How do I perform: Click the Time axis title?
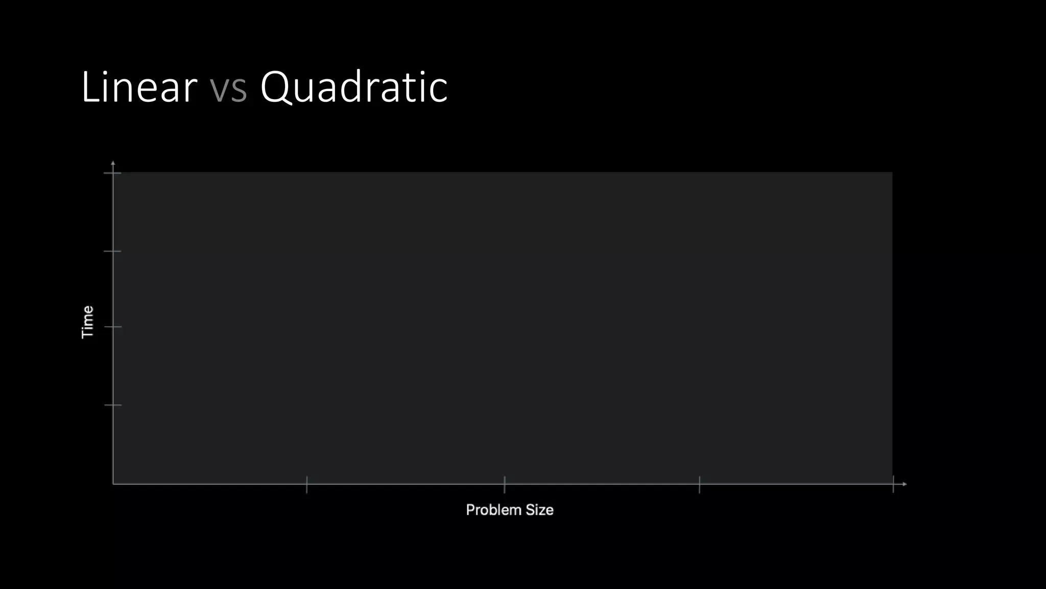tap(88, 322)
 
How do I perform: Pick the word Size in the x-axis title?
tap(539, 510)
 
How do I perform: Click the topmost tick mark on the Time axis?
tap(113, 173)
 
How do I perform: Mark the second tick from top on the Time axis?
tap(113, 251)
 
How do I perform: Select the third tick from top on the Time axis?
tap(113, 327)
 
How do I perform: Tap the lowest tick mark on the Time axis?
tap(113, 405)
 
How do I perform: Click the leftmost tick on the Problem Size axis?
tap(307, 484)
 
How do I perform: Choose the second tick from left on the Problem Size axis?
tap(505, 484)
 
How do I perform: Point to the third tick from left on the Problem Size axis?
tap(700, 484)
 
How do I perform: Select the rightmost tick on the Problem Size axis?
tap(893, 484)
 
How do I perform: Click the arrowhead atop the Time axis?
tap(113, 163)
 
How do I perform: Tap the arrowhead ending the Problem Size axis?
tap(905, 484)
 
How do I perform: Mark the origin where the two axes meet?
tap(113, 484)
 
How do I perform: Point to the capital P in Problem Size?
tap(470, 510)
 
